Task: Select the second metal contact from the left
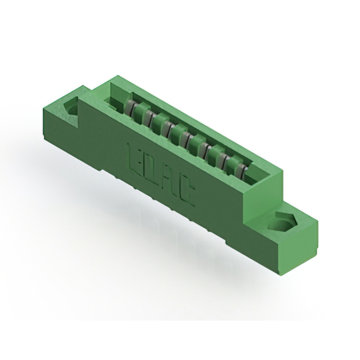(149, 116)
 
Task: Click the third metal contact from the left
(167, 127)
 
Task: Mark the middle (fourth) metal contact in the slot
(186, 138)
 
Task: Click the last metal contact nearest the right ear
(241, 170)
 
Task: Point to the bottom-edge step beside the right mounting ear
(236, 239)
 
